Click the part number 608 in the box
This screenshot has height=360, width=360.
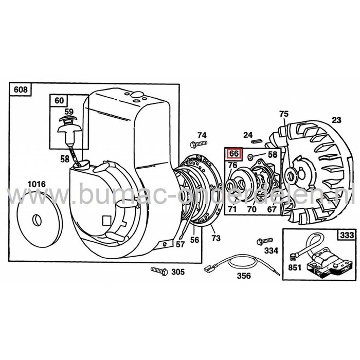(x=21, y=89)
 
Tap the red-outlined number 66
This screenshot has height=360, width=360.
(x=233, y=153)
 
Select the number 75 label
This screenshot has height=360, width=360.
(x=283, y=114)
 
